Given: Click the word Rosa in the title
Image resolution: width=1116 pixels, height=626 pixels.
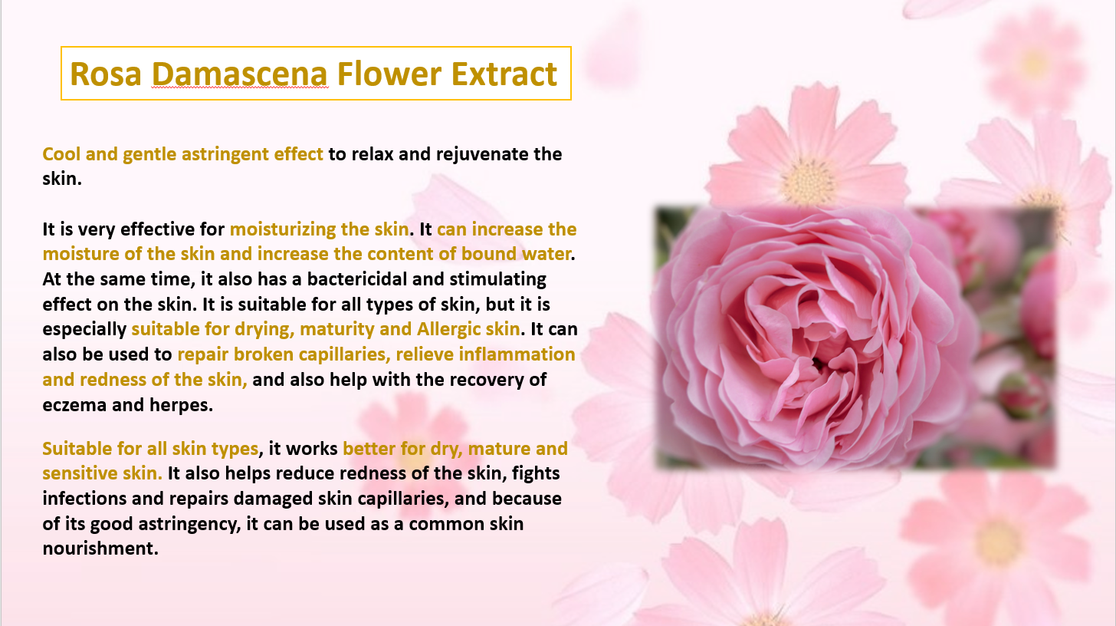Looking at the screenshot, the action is (106, 74).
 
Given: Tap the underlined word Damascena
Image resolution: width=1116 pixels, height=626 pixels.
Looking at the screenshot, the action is (240, 74).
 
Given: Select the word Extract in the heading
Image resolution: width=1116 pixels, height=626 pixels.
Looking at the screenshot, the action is (504, 74).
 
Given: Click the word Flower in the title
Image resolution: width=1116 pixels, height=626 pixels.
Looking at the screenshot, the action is (389, 74).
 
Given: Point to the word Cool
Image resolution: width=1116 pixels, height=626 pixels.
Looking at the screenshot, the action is (61, 154).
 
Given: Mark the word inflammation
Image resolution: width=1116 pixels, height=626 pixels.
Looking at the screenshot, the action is (517, 354).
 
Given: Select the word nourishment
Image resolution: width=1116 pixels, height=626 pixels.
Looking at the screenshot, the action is (100, 549).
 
